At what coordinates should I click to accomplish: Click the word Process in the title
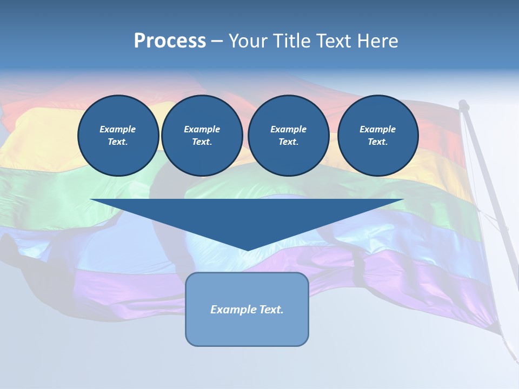[170, 41]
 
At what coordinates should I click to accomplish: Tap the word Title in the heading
[291, 41]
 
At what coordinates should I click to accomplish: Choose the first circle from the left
[118, 136]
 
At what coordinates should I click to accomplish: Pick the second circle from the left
[202, 136]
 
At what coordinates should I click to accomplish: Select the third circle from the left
[288, 136]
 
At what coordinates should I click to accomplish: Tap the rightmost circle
[377, 136]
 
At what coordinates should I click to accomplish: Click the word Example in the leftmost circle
[118, 129]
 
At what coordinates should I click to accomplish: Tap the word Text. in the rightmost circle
[377, 142]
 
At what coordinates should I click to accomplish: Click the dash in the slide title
[217, 41]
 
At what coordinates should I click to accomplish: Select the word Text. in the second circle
[202, 142]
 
